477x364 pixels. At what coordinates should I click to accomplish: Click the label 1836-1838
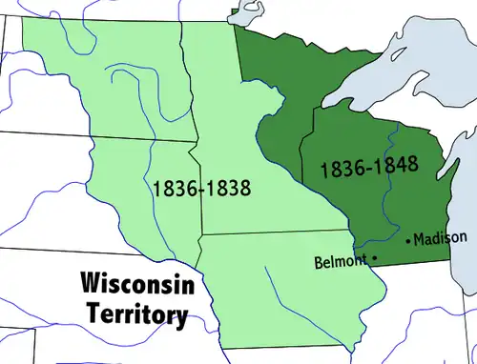[201, 188]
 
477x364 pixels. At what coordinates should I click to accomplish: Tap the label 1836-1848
[369, 169]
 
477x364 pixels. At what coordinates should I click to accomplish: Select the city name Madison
[442, 237]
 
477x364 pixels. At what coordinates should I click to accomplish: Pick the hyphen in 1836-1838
[201, 189]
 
